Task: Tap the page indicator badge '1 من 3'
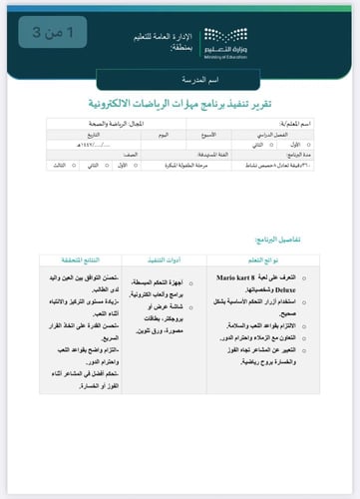pyautogui.click(x=52, y=34)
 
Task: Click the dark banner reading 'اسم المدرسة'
pyautogui.click(x=180, y=79)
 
